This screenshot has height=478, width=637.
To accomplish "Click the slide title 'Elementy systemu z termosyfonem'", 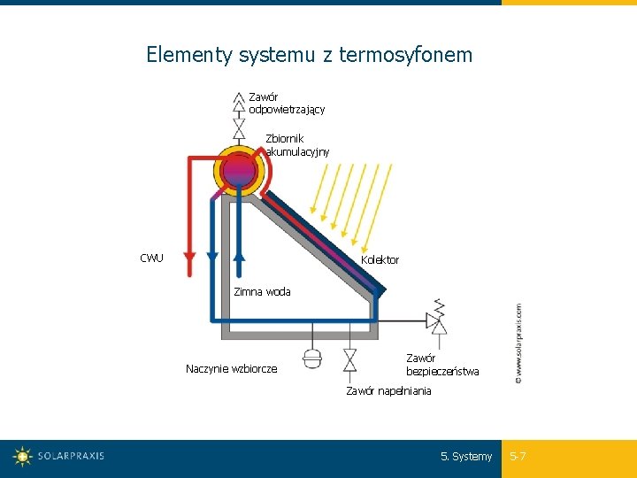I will tap(310, 55).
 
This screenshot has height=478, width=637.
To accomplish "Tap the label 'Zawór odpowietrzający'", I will tap(287, 103).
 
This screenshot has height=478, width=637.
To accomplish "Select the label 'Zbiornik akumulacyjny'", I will tap(297, 145).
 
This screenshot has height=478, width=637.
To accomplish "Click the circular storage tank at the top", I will tap(239, 171).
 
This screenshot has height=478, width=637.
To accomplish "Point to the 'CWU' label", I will tap(151, 258).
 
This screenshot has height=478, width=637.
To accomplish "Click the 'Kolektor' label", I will tap(380, 260).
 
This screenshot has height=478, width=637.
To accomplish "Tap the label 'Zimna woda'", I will tap(262, 292).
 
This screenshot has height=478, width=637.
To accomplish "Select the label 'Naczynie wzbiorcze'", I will tap(231, 369).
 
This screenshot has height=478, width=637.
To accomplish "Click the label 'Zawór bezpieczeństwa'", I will tap(442, 365).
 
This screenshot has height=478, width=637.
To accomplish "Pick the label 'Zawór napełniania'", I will tap(389, 391).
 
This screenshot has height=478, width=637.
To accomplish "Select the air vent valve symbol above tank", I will tap(238, 115).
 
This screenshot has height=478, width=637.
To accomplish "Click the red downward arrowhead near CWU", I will tap(188, 257).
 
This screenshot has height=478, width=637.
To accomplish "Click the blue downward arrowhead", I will tap(212, 257).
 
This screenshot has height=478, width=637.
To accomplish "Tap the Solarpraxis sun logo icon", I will tap(22, 457).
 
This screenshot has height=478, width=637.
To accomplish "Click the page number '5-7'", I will tap(518, 457).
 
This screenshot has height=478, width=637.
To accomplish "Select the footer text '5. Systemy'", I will tap(466, 457).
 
